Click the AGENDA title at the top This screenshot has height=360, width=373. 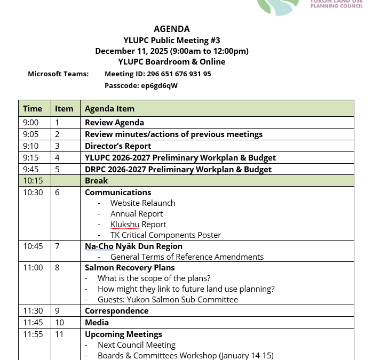click(171, 29)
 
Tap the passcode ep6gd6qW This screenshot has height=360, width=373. click(159, 85)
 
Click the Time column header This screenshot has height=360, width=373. click(33, 109)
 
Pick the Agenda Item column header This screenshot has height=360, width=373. click(109, 109)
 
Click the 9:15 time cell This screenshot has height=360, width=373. click(30, 158)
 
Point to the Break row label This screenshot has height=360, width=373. click(96, 181)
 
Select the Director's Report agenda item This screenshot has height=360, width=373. click(118, 146)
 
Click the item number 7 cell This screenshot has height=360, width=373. click(57, 246)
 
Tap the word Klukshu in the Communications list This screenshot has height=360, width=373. click(124, 225)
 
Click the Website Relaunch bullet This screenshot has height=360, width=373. click(142, 203)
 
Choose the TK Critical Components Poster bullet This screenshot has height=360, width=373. click(165, 235)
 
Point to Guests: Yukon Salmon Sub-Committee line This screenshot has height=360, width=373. click(168, 300)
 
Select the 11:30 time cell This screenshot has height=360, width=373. click(33, 311)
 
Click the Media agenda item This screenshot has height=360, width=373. click(97, 323)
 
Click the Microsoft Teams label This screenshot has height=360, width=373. click(58, 74)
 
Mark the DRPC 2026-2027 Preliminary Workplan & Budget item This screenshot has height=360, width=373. click(178, 170)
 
